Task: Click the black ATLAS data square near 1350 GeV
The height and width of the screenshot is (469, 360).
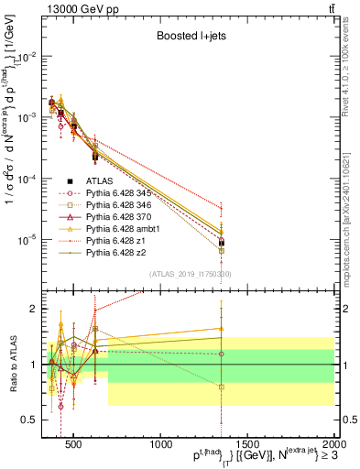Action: click(222, 243)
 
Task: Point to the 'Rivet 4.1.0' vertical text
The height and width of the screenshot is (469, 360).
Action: click(352, 64)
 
